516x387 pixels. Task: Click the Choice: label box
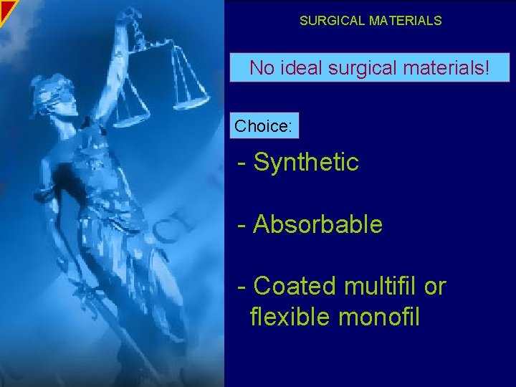click(264, 127)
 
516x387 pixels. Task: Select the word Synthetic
click(306, 163)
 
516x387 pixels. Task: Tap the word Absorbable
click(318, 224)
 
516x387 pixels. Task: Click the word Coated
click(295, 286)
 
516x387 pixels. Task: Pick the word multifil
click(381, 286)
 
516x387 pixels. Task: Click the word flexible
click(290, 316)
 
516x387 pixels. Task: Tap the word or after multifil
click(435, 287)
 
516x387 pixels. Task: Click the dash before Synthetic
click(243, 163)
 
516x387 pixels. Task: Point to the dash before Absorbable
click(243, 224)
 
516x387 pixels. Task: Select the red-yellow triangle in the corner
click(6, 9)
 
